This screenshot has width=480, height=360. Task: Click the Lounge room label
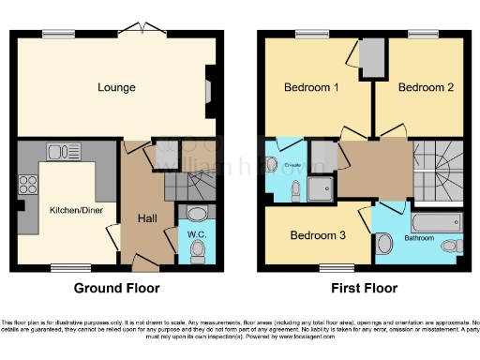point(117,88)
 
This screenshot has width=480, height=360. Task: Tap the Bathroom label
point(419,238)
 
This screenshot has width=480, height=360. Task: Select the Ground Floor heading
point(116,289)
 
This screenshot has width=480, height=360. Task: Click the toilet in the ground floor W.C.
point(198,250)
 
